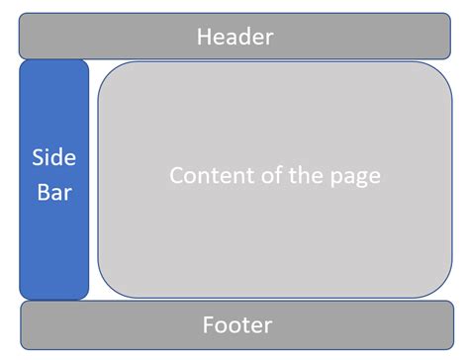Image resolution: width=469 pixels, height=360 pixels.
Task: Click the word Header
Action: coord(234,38)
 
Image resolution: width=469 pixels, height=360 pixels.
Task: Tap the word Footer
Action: coord(236,324)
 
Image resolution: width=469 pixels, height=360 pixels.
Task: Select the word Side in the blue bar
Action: coord(53,158)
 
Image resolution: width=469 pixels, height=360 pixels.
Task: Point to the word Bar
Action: coord(53,192)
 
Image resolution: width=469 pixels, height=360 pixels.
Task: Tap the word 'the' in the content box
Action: coord(311,176)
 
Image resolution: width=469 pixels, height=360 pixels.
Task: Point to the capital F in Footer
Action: coord(207,324)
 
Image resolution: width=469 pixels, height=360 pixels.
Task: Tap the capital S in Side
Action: coord(39,158)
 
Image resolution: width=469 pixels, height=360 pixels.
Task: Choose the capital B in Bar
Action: coord(43,192)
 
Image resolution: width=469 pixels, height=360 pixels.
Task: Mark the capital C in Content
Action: coord(178,176)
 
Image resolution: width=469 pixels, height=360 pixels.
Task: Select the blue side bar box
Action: coord(53,247)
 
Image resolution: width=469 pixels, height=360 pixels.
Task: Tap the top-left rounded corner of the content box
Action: coord(108,71)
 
